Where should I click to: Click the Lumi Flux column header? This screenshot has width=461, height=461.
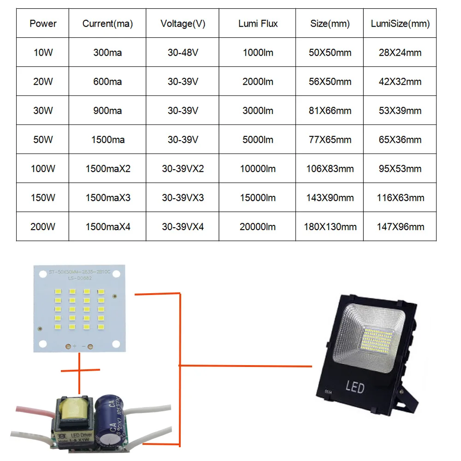[x=258, y=24]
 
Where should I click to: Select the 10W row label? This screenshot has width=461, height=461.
[x=43, y=53]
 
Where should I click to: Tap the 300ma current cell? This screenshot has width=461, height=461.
[x=107, y=53]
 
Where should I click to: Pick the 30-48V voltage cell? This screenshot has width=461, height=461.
[x=183, y=53]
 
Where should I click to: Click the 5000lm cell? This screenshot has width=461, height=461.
[x=258, y=140]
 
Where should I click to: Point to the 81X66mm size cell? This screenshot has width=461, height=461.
[x=330, y=111]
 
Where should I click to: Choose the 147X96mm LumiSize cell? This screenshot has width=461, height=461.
[x=400, y=227]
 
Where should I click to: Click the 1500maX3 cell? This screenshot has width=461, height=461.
[x=108, y=198]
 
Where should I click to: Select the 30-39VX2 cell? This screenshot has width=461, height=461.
[x=183, y=169]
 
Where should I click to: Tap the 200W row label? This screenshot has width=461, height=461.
[x=43, y=227]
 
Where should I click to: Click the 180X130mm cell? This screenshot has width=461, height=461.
[x=330, y=227]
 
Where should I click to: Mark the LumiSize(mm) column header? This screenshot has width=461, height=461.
[x=400, y=24]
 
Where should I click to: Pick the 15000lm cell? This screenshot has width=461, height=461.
[x=258, y=198]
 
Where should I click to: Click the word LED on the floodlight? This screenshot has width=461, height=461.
[x=355, y=386]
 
